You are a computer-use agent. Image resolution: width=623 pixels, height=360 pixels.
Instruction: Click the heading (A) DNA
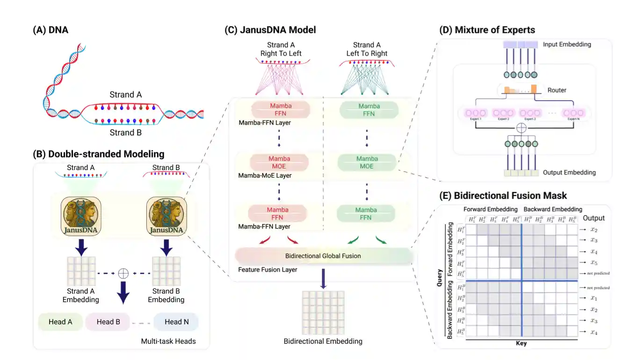pyautogui.click(x=51, y=30)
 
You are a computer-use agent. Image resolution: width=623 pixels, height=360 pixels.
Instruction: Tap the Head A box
pyautogui.click(x=60, y=322)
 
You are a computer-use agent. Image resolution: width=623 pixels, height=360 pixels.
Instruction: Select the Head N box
pyautogui.click(x=176, y=322)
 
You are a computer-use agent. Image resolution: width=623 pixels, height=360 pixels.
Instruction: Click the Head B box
pyautogui.click(x=108, y=322)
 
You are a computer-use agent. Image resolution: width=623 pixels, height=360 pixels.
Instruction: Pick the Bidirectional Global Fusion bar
pyautogui.click(x=323, y=256)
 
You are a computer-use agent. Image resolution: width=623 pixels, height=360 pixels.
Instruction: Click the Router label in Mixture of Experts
pyautogui.click(x=557, y=90)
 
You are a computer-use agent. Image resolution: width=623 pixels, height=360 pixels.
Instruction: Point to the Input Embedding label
pyautogui.click(x=567, y=44)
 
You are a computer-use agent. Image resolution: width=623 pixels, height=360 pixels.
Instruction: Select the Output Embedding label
pyautogui.click(x=569, y=173)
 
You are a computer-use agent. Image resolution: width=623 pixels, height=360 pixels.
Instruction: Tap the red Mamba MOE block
pyautogui.click(x=279, y=162)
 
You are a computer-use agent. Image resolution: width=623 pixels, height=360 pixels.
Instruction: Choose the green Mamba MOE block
pyautogui.click(x=367, y=162)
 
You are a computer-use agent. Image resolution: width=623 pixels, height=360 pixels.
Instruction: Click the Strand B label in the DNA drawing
pyautogui.click(x=126, y=132)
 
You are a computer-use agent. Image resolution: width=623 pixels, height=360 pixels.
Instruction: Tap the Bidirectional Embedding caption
pyautogui.click(x=323, y=341)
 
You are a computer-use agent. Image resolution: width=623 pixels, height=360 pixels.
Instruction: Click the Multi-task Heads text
pyautogui.click(x=168, y=341)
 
